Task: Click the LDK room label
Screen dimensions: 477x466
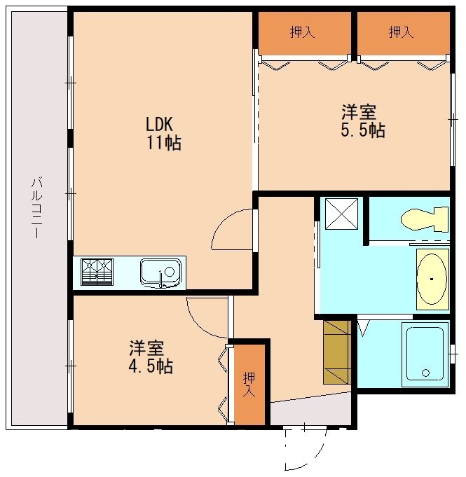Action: click(x=159, y=125)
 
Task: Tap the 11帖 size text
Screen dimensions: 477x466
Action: click(x=164, y=143)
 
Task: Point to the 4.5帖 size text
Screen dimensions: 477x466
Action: click(x=150, y=366)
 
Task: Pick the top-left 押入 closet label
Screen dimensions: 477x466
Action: click(x=302, y=32)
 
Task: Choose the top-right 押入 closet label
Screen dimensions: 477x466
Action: click(x=401, y=32)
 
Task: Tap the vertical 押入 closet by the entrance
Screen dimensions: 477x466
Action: click(x=249, y=385)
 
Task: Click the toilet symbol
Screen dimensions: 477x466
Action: click(x=425, y=219)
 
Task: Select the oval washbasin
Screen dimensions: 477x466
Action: click(x=432, y=279)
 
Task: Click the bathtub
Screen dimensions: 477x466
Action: click(x=425, y=354)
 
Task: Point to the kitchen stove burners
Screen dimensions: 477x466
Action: click(x=97, y=272)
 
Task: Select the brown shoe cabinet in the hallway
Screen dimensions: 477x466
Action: click(x=336, y=352)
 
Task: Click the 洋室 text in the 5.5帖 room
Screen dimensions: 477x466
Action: click(x=359, y=112)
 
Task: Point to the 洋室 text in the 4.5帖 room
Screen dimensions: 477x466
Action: click(x=146, y=348)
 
